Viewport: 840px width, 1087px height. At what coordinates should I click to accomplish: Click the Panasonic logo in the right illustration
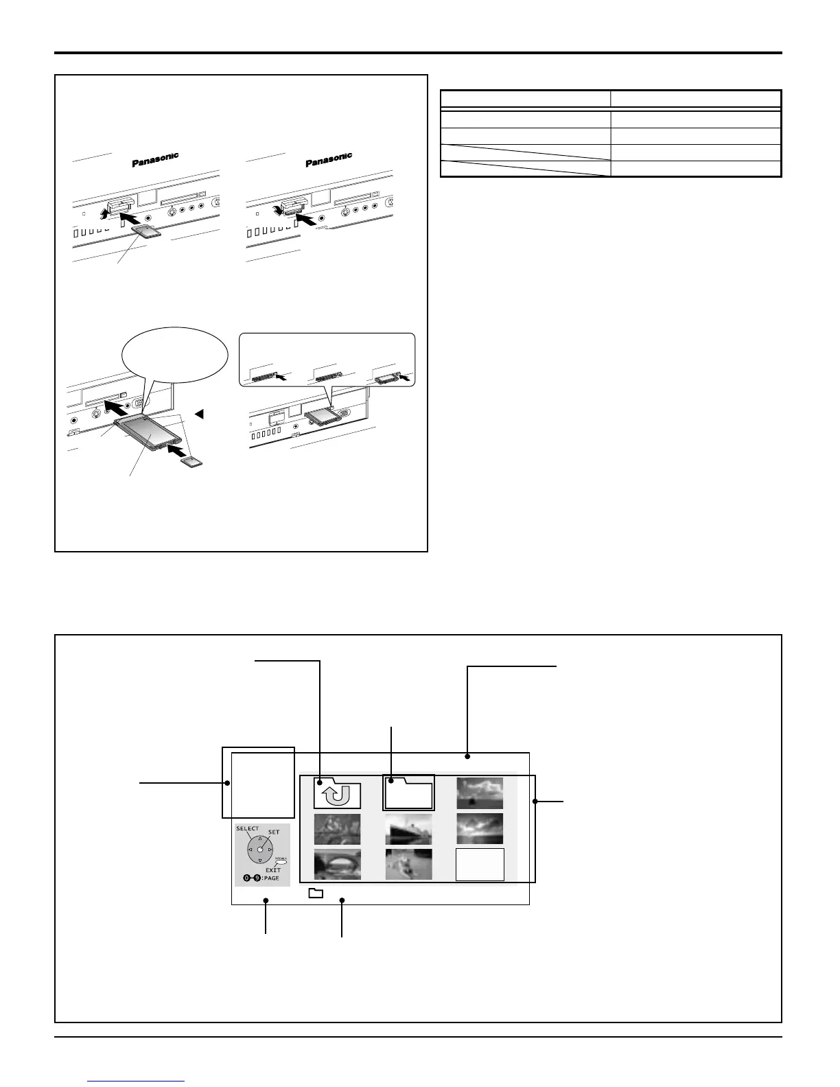tap(329, 159)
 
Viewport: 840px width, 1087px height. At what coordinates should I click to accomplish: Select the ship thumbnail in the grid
tap(408, 829)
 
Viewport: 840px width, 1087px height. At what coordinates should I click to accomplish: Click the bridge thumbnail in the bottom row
tap(337, 864)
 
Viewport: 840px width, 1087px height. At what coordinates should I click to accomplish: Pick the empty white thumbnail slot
tap(480, 864)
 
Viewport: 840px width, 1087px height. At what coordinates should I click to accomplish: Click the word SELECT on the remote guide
tap(247, 829)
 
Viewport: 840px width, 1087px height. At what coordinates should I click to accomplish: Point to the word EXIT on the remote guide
tap(273, 870)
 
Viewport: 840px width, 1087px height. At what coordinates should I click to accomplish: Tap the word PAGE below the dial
tap(270, 878)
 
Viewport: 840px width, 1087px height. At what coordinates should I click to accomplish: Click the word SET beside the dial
tap(274, 832)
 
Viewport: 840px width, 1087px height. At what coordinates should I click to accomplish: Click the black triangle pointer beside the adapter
tap(199, 414)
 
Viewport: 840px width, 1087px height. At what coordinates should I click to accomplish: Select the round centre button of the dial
tap(260, 850)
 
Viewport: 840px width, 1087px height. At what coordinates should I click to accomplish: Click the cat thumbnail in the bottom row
tap(408, 864)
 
